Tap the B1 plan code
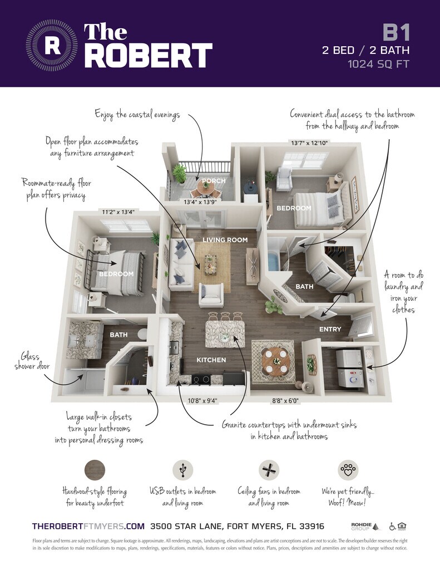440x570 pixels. pyautogui.click(x=397, y=33)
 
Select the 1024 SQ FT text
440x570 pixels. pyautogui.click(x=378, y=63)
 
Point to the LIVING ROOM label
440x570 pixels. pyautogui.click(x=225, y=240)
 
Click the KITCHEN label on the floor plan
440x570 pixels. pyautogui.click(x=211, y=360)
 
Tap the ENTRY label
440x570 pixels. pyautogui.click(x=330, y=329)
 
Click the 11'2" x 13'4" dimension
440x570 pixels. pyautogui.click(x=118, y=212)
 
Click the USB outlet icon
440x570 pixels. pyautogui.click(x=182, y=470)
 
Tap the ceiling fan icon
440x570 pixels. pyautogui.click(x=269, y=470)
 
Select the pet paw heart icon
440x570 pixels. pyautogui.click(x=348, y=470)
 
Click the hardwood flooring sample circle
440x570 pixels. pyautogui.click(x=94, y=470)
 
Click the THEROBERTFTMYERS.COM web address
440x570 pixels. pyautogui.click(x=88, y=526)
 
